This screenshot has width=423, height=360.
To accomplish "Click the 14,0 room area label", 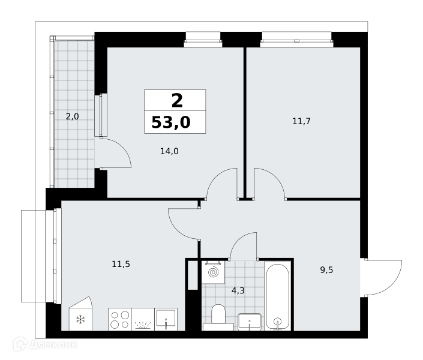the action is pos(169,151).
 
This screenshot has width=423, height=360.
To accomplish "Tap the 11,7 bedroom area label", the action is pos(302,121).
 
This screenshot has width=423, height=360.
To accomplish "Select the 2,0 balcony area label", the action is pos(73,116).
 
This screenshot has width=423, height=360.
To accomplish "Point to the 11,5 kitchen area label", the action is pos(121,264).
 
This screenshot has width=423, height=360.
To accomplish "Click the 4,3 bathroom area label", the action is pos(238,290).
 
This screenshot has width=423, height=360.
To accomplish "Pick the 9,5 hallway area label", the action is pos(326,270).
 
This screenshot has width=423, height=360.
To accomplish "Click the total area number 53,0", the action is pos(171,122).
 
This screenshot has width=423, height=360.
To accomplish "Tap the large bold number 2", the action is pos(177,100).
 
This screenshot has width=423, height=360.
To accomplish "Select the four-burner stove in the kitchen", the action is pos(120,319).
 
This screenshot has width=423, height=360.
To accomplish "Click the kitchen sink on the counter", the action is pos(166,319).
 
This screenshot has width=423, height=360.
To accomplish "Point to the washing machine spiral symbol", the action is pos(213,272).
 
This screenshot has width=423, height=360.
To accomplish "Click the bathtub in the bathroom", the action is pos(277,296).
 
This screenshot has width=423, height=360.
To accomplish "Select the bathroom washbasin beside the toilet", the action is pos(250,322).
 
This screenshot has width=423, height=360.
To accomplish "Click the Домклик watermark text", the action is pos(53,344).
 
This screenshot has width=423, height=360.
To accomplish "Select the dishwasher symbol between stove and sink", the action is pos(143,319).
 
